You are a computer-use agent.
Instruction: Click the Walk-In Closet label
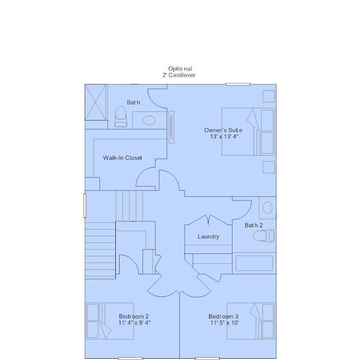(123, 158)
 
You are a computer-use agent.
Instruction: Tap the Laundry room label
(209, 237)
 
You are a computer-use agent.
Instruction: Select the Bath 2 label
(254, 225)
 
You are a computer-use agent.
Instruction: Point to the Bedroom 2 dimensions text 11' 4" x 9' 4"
(134, 323)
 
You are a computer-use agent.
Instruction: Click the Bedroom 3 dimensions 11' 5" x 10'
(225, 323)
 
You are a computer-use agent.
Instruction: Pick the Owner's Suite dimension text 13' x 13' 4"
(224, 137)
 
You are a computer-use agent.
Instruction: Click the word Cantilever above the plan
(182, 75)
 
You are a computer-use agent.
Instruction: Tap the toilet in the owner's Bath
(121, 117)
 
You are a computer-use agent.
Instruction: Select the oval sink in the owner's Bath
(149, 120)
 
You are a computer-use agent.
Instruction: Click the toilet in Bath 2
(264, 236)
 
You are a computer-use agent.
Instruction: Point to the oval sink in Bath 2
(268, 208)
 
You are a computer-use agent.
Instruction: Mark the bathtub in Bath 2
(254, 263)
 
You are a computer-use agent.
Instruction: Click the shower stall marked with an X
(95, 102)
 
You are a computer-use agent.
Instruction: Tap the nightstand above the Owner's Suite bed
(269, 96)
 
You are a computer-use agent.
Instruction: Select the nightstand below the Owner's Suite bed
(269, 167)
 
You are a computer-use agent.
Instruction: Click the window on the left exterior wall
(85, 206)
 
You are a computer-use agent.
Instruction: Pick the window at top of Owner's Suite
(237, 84)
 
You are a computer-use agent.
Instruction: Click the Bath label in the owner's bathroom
(134, 102)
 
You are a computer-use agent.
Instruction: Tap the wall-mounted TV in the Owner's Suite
(171, 127)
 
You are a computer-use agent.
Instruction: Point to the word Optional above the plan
(180, 69)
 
